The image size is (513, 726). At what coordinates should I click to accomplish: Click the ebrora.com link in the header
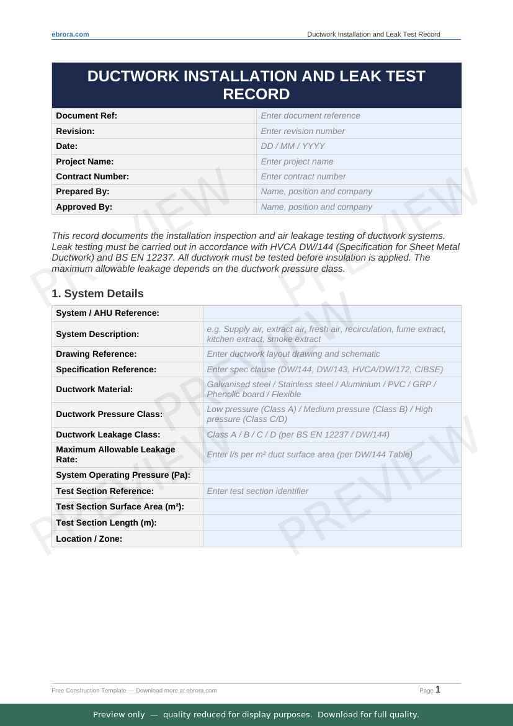70,34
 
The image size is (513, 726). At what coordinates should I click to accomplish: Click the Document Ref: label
86,115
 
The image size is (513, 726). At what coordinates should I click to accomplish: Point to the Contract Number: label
92,176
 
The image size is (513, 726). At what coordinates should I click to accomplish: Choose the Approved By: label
84,207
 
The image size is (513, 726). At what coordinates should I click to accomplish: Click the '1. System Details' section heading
97,294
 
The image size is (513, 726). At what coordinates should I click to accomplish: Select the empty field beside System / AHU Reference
332,313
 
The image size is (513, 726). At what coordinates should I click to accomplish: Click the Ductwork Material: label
94,389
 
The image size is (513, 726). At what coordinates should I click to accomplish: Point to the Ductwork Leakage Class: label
108,434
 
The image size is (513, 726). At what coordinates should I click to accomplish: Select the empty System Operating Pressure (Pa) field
332,475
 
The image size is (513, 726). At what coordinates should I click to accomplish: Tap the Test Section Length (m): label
106,522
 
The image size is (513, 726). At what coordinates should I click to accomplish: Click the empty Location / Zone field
332,539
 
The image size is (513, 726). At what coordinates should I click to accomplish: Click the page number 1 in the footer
438,689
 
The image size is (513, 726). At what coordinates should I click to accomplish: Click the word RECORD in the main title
256,94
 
